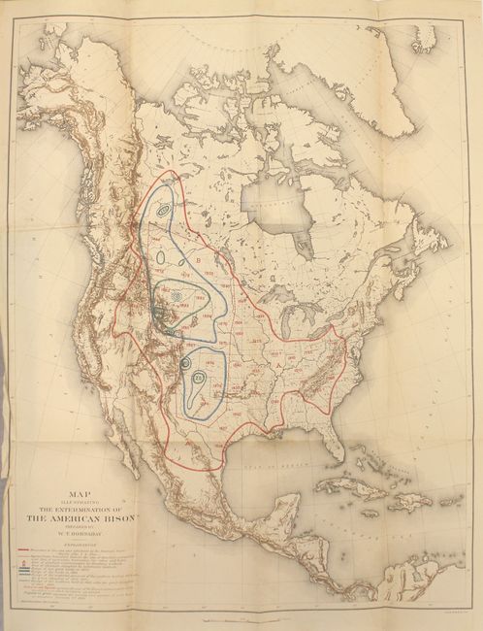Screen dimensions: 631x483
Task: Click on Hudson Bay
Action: (272, 204)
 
